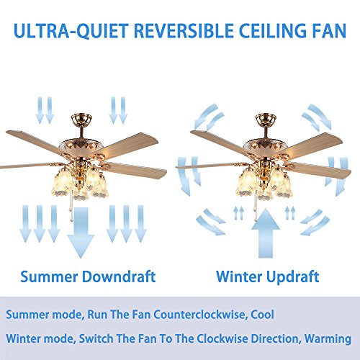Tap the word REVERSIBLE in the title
point(182,32)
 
